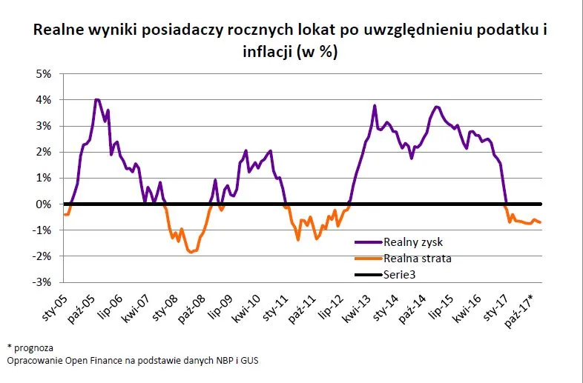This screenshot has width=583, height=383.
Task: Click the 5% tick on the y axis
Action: [x=42, y=73]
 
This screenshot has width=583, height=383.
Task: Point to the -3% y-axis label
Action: [x=40, y=282]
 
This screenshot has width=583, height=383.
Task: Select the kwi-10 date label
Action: [x=249, y=303]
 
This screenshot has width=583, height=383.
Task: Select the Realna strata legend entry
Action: [x=418, y=258]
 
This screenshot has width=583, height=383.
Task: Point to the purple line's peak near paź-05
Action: [x=96, y=99]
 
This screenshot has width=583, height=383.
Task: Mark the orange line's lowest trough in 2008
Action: [x=191, y=253]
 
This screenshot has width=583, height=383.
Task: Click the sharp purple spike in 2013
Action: [x=375, y=106]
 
